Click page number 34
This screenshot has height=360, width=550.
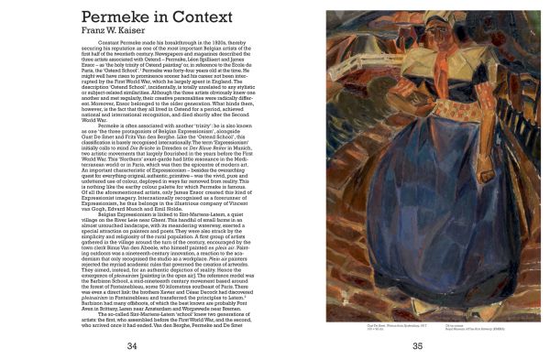click(x=132, y=345)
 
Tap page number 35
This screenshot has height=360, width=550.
click(x=418, y=345)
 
